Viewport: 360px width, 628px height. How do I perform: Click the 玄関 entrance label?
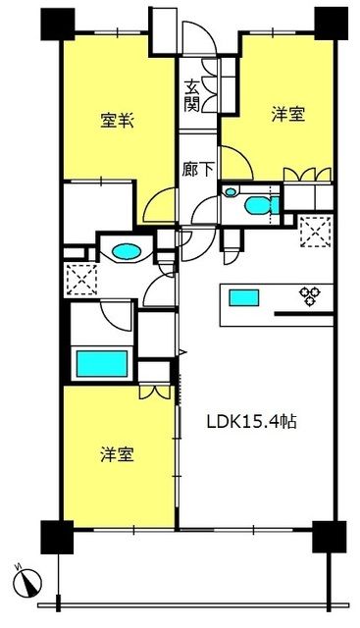192,96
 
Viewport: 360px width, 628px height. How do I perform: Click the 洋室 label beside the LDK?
118,455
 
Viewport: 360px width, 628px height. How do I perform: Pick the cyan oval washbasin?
127,252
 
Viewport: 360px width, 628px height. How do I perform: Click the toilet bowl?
257,206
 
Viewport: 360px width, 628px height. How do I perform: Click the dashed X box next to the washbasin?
79,281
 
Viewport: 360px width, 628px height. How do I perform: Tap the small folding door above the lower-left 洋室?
151,392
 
